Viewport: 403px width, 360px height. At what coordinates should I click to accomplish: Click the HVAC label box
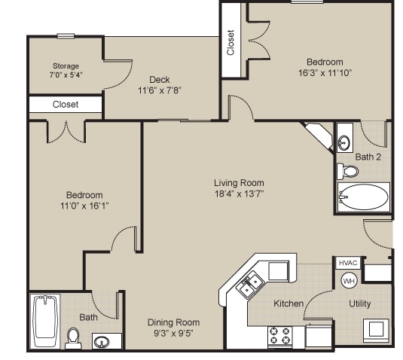pyautogui.click(x=347, y=263)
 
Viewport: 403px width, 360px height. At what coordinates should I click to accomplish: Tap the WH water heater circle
pyautogui.click(x=349, y=280)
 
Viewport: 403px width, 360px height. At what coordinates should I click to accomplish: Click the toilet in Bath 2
pyautogui.click(x=349, y=171)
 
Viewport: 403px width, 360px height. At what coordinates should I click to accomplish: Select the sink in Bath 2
pyautogui.click(x=345, y=140)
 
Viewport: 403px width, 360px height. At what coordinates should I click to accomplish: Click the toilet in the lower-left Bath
pyautogui.click(x=73, y=337)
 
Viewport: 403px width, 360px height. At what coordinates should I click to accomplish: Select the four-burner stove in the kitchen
pyautogui.click(x=280, y=334)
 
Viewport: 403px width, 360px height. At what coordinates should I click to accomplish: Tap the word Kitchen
pyautogui.click(x=289, y=304)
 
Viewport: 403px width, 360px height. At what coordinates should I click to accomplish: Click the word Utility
pyautogui.click(x=359, y=304)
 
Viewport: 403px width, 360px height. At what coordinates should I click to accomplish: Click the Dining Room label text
pyautogui.click(x=173, y=322)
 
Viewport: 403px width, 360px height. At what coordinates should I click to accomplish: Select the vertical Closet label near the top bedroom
pyautogui.click(x=231, y=42)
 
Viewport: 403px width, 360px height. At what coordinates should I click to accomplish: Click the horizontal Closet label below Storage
pyautogui.click(x=66, y=105)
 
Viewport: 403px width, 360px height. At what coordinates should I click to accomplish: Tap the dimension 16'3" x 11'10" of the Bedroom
pyautogui.click(x=325, y=73)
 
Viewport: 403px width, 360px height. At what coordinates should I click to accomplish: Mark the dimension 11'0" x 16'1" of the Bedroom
pyautogui.click(x=83, y=206)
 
